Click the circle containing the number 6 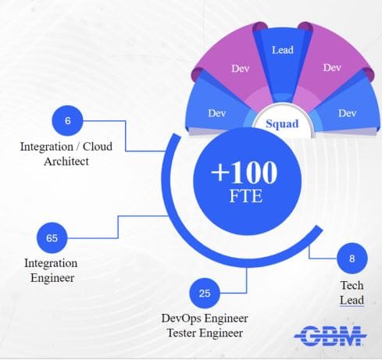(x=68, y=120)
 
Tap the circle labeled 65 (x=52, y=238)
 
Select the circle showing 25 (x=205, y=293)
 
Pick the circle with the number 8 (x=352, y=258)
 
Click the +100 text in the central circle (x=245, y=172)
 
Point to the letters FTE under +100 (x=246, y=196)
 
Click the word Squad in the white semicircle (x=282, y=124)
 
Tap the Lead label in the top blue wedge (x=283, y=50)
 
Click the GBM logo (x=330, y=336)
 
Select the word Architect (x=66, y=162)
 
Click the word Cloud (x=98, y=146)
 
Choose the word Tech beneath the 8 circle (x=352, y=285)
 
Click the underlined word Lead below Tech (x=352, y=300)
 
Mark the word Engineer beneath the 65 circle (x=52, y=278)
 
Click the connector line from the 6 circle (x=126, y=136)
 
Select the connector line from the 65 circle (x=118, y=226)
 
